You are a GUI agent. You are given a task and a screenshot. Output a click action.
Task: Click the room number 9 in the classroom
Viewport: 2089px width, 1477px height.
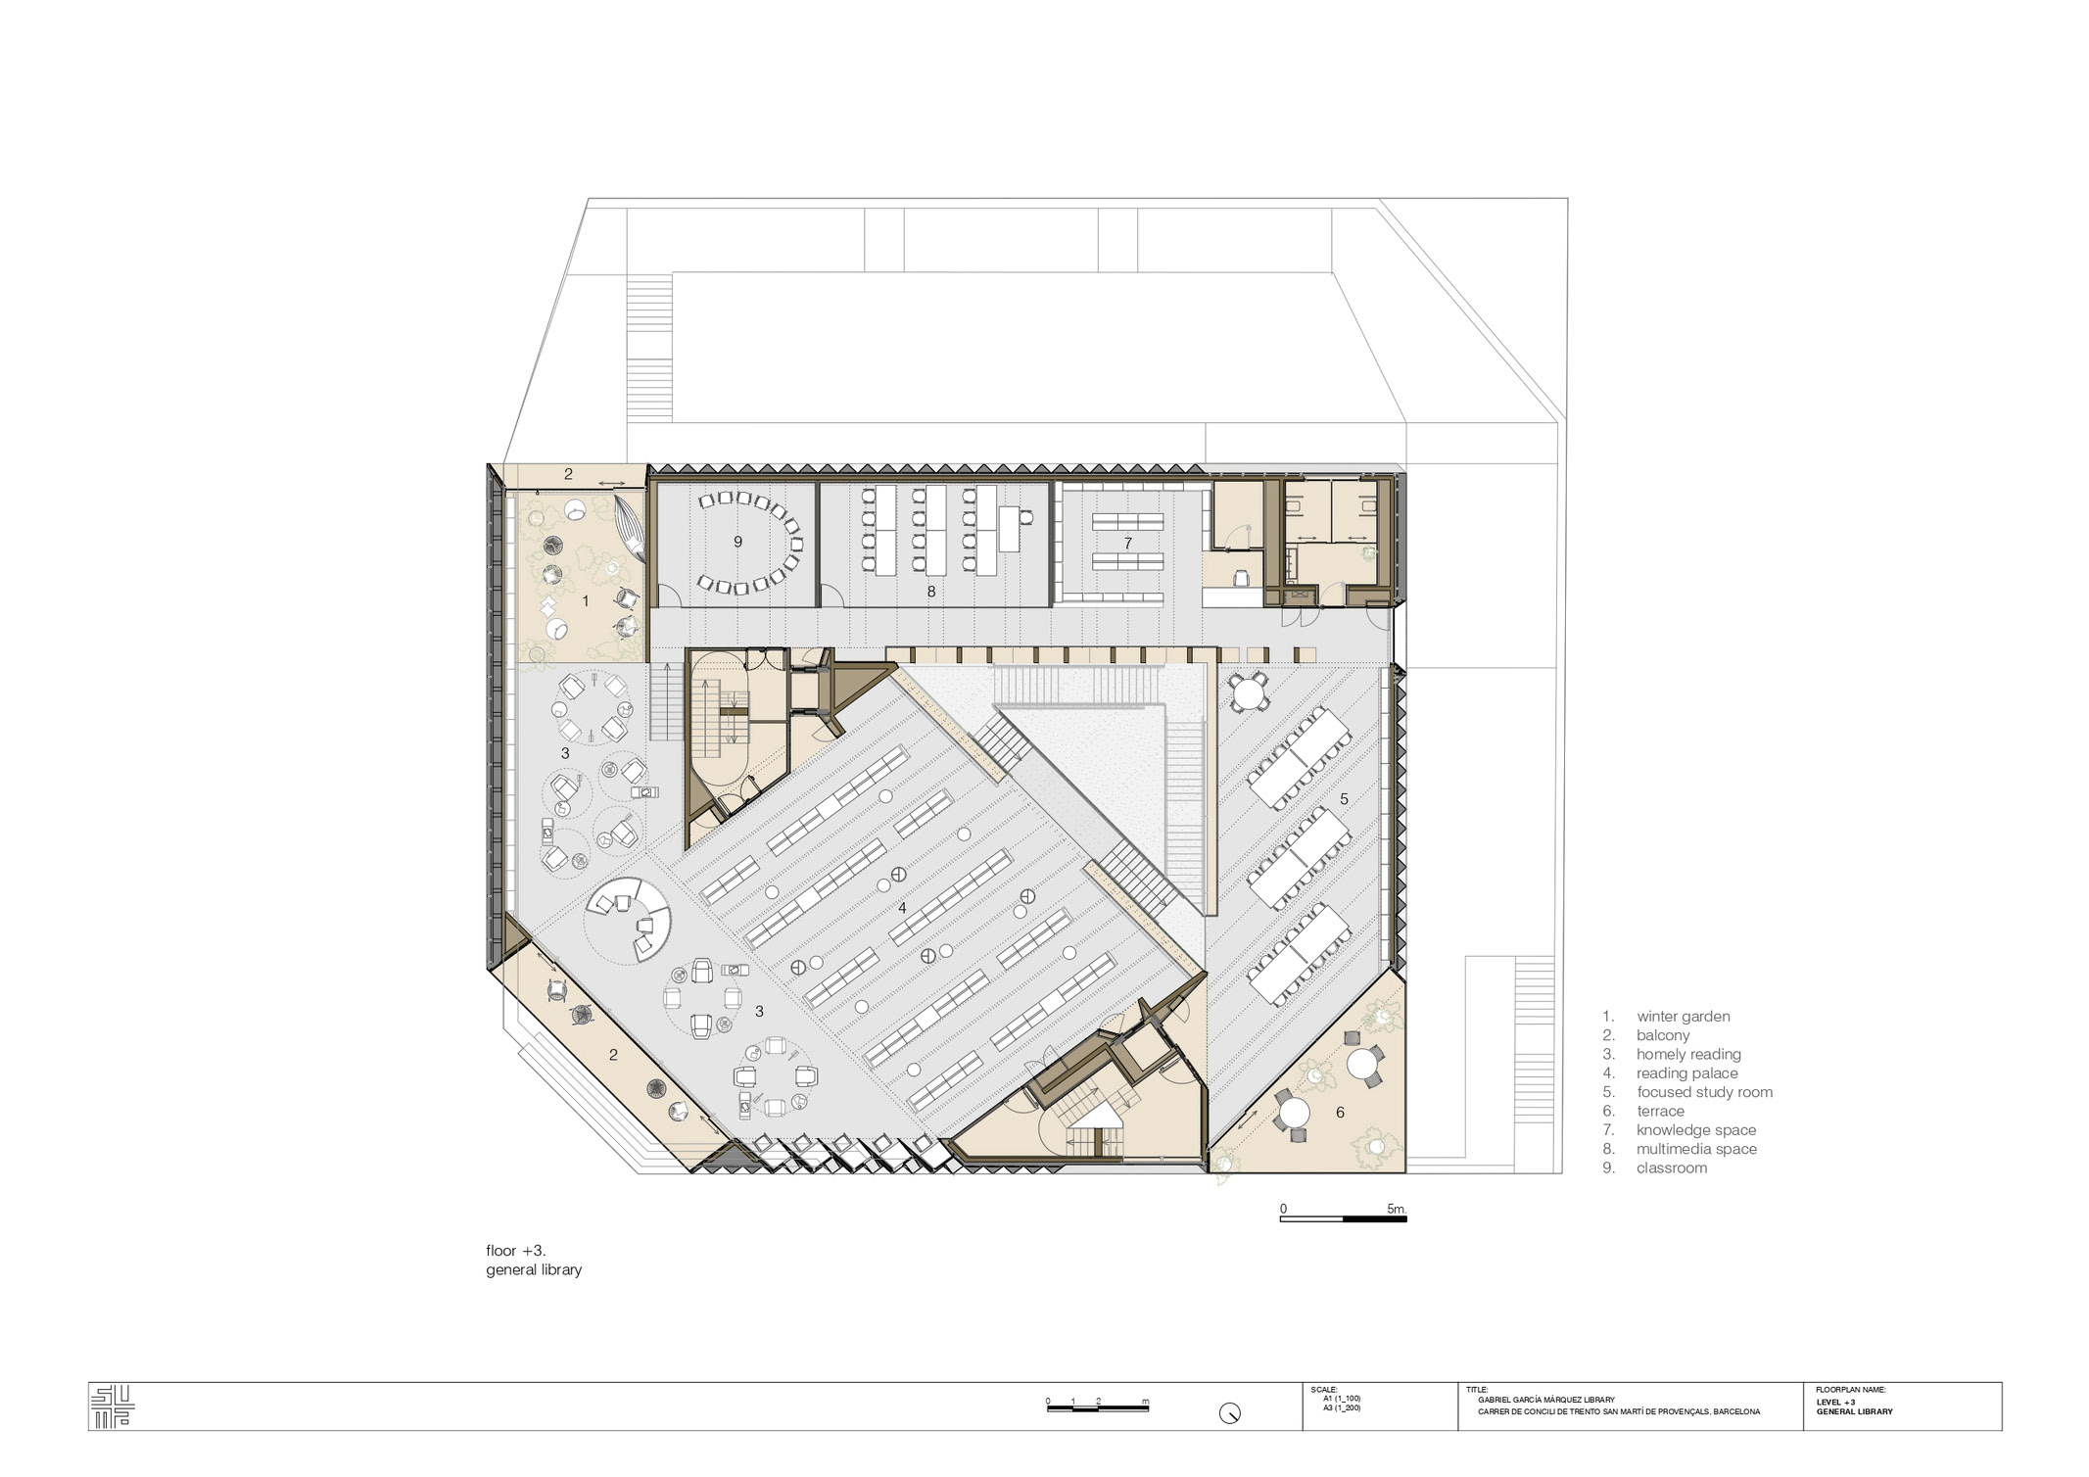(737, 542)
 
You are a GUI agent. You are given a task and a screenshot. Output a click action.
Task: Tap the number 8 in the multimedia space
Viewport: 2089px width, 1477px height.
(930, 592)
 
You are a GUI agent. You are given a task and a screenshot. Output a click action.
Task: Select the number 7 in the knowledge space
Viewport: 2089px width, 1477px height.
(1127, 543)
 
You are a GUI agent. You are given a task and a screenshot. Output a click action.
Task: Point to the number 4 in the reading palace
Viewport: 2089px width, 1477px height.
(902, 908)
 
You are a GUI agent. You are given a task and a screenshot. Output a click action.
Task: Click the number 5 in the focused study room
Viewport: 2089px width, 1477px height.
(1344, 799)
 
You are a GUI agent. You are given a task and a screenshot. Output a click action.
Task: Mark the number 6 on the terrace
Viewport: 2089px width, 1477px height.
(1340, 1112)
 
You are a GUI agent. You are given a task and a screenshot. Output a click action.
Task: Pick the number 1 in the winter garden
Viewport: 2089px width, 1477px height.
(586, 600)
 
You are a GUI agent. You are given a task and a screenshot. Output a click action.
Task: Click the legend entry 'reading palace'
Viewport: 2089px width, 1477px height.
(1687, 1073)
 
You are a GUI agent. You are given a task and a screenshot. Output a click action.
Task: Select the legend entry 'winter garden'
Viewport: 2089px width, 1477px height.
(1684, 1017)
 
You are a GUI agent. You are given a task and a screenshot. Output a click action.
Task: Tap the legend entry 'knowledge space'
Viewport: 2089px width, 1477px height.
(1696, 1130)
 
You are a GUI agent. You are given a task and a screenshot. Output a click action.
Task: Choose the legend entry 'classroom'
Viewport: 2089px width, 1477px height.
(1672, 1167)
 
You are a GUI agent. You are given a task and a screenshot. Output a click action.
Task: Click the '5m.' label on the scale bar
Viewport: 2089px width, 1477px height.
(1397, 1209)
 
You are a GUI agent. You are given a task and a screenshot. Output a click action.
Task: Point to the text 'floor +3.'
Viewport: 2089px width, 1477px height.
(516, 1251)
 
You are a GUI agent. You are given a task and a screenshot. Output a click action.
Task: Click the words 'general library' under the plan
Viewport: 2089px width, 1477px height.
(534, 1269)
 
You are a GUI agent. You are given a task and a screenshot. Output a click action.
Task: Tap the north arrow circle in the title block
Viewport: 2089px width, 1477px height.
(1230, 1413)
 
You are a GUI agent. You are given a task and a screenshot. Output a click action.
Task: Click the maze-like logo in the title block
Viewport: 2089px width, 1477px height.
(112, 1406)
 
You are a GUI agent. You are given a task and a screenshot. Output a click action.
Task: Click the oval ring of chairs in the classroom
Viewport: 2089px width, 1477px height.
(750, 542)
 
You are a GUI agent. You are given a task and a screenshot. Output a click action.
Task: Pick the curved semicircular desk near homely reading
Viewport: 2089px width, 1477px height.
(629, 917)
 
